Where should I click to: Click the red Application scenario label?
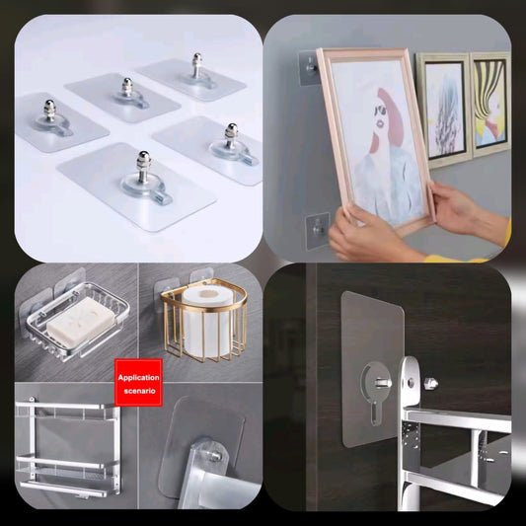tap(138, 383)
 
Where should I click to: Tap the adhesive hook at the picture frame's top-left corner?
tap(310, 67)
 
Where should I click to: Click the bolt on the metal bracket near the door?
tap(431, 382)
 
